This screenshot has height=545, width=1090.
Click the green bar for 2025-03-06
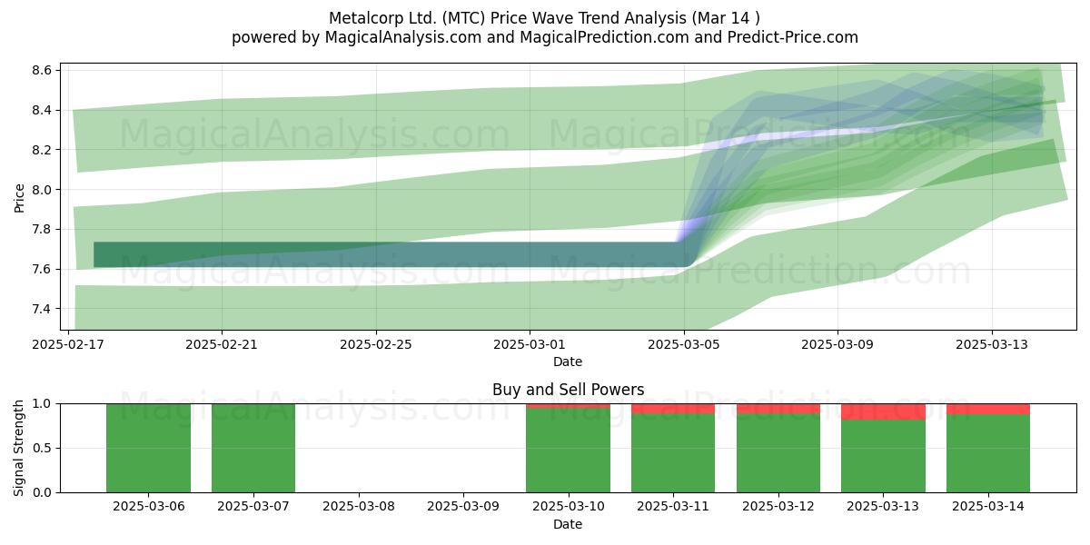pyautogui.click(x=148, y=448)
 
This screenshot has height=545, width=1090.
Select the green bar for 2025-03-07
pyautogui.click(x=253, y=448)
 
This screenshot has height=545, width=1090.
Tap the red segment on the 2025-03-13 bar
pyautogui.click(x=883, y=411)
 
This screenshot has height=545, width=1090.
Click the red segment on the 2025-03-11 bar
pyautogui.click(x=673, y=409)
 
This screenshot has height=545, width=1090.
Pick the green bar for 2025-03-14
pyautogui.click(x=988, y=453)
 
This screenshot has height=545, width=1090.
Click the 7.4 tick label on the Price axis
pyautogui.click(x=42, y=309)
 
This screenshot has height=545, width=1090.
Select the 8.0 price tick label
pyautogui.click(x=42, y=190)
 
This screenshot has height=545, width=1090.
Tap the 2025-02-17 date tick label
pyautogui.click(x=68, y=344)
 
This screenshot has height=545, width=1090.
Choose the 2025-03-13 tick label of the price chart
pyautogui.click(x=992, y=344)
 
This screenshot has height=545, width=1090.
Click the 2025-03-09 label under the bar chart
pyautogui.click(x=462, y=507)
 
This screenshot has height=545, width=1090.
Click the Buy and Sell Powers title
pyautogui.click(x=568, y=390)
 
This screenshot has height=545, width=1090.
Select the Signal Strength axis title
pyautogui.click(x=18, y=448)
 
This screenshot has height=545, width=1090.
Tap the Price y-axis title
pyautogui.click(x=19, y=198)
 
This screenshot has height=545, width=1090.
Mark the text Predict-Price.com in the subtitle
pyautogui.click(x=793, y=37)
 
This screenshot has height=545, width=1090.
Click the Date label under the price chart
pyautogui.click(x=568, y=362)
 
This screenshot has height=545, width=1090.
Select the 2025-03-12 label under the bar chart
pyautogui.click(x=778, y=507)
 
